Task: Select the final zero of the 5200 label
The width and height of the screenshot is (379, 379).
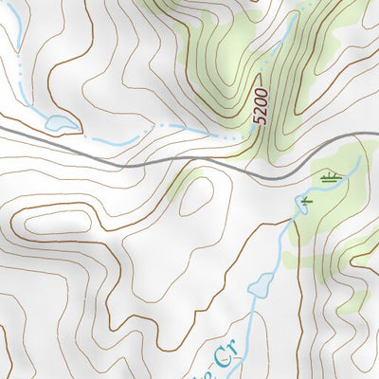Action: point(259,92)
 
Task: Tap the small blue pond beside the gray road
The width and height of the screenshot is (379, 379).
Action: point(60,122)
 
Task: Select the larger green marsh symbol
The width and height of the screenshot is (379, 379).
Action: point(330,175)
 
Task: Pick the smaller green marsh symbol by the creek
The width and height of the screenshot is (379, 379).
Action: point(305,201)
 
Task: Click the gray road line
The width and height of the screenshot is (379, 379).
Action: point(142,163)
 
